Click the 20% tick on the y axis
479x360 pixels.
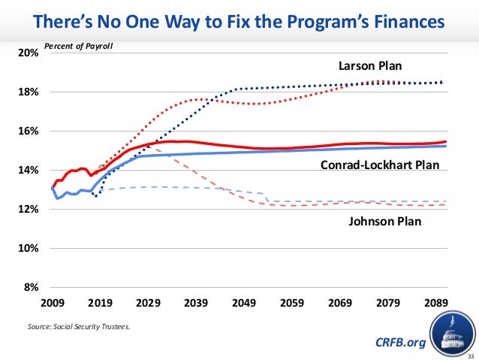tap(29, 53)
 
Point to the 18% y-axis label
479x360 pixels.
tap(29, 92)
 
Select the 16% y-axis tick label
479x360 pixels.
tap(29, 132)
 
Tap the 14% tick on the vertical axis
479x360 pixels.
tap(29, 171)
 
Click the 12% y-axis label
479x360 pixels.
tap(29, 210)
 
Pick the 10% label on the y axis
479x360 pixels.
tap(29, 249)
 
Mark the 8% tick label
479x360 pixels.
tap(32, 288)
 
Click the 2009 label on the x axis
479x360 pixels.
tap(52, 304)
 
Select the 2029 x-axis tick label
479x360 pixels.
tap(148, 304)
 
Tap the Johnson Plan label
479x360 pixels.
tap(385, 222)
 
